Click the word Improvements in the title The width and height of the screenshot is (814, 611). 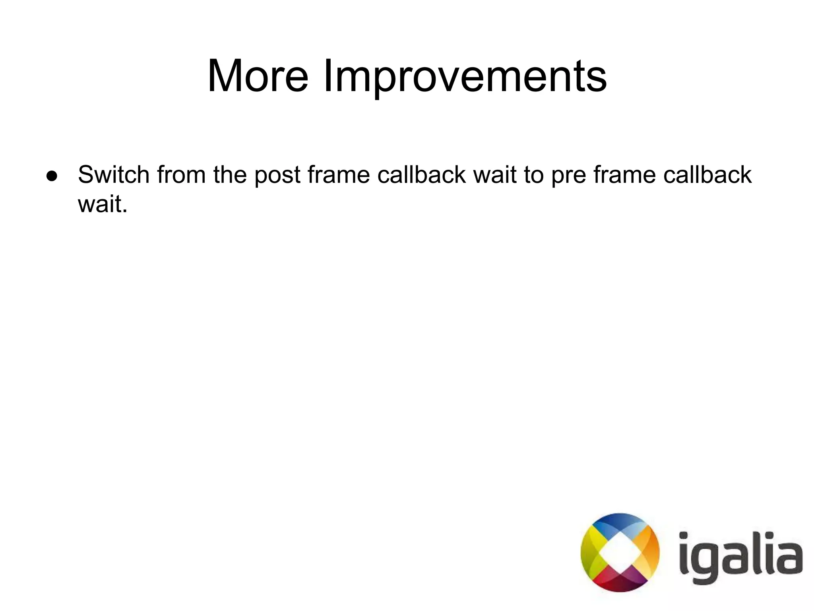465,76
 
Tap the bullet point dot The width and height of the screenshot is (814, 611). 52,176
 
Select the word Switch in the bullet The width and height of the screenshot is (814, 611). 114,175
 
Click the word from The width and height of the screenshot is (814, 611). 181,175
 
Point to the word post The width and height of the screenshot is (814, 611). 277,175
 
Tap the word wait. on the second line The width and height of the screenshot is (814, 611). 103,204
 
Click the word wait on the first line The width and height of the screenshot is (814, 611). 495,175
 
